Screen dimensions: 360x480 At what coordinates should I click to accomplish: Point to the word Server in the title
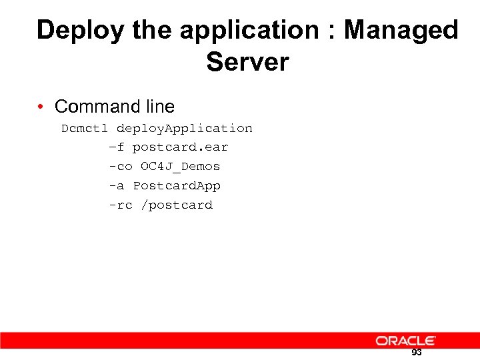coord(247,63)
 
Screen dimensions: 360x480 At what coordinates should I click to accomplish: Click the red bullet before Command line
coord(41,107)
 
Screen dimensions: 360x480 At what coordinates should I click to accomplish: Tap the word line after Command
coord(158,107)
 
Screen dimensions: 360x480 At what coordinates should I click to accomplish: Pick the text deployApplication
coord(184,128)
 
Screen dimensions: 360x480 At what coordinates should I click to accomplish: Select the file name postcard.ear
coord(180,147)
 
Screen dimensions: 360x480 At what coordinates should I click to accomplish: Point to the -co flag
coord(121,166)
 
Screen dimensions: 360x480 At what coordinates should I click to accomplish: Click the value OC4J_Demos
coord(180,166)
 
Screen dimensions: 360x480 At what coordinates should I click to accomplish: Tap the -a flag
coord(117,185)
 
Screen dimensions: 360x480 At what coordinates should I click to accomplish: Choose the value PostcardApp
coord(177,185)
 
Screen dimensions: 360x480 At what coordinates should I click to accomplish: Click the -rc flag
coord(121,205)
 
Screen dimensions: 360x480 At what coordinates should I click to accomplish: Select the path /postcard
coord(176,205)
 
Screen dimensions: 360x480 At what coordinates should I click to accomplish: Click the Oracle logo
coord(405,341)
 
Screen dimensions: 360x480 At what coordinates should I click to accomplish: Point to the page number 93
coord(417,353)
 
